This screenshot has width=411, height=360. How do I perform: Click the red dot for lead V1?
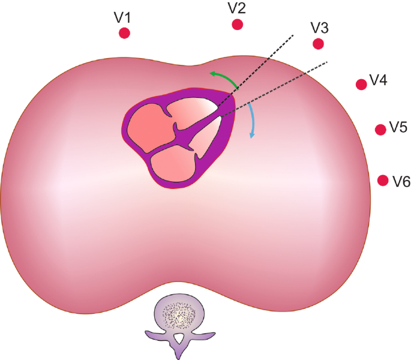(124, 34)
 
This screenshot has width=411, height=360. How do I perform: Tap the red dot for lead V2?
(238, 25)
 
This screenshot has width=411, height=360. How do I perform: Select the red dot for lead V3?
(319, 44)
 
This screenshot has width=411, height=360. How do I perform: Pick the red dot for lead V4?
(361, 85)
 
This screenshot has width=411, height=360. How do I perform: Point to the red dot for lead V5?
(380, 129)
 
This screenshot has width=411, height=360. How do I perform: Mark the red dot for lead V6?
(383, 179)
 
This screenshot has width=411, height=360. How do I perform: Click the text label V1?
(123, 17)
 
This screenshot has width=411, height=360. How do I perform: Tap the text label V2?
(236, 8)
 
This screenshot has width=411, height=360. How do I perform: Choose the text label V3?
(319, 28)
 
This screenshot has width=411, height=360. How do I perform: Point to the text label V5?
(398, 127)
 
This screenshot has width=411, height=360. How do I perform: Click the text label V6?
(401, 181)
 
